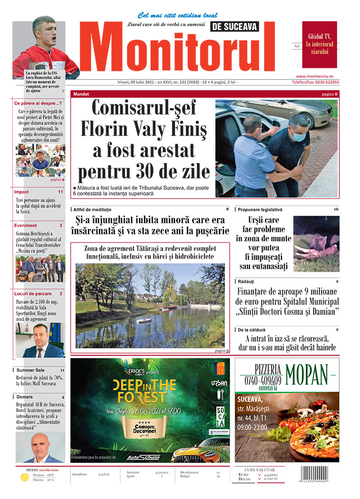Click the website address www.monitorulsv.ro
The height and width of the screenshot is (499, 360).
pos(321,76)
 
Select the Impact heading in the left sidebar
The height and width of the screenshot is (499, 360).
pos(21,192)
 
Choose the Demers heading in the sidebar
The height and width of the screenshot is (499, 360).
pos(24,397)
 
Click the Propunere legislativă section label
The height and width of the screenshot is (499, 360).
pos(260,209)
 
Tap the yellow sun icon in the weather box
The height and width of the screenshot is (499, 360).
pos(24,477)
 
